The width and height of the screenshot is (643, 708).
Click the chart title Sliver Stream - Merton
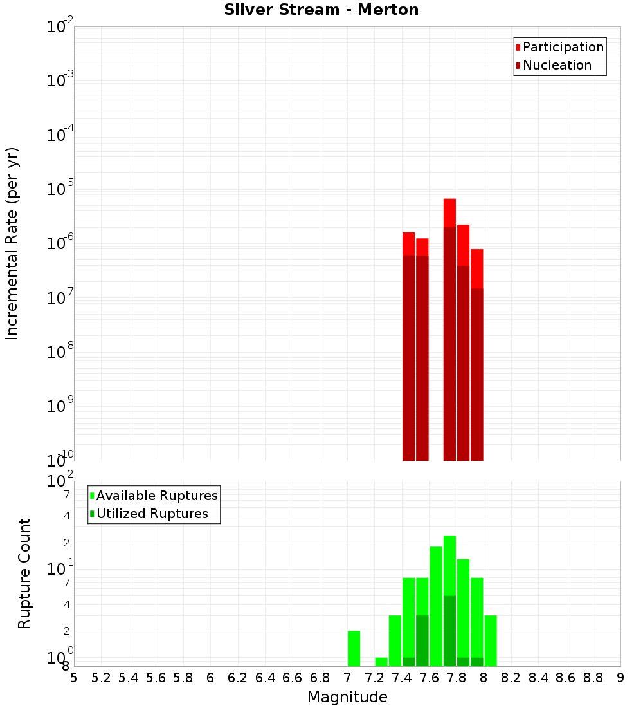[x=321, y=10]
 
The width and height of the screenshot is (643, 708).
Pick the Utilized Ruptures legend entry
[x=152, y=514]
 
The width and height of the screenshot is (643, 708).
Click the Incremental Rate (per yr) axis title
[x=12, y=243]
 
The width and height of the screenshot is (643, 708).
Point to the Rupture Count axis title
[x=24, y=573]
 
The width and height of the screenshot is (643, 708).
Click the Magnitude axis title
[x=347, y=697]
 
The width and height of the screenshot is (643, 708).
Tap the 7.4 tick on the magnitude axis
[x=402, y=678]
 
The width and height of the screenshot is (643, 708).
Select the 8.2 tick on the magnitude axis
[x=511, y=678]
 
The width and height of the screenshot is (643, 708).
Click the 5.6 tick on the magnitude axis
[x=156, y=678]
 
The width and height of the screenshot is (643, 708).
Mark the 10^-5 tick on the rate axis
[x=60, y=189]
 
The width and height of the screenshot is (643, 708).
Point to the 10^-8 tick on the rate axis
[x=60, y=352]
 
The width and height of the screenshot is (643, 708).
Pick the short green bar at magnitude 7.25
[x=381, y=662]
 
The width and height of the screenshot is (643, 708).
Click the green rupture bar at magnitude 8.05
[x=491, y=640]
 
